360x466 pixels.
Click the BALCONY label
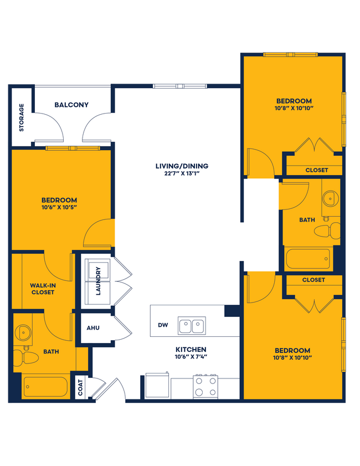71,105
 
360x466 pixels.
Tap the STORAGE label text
22,117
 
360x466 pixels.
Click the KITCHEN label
191,350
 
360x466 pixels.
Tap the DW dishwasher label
163,325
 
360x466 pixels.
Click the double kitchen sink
192,325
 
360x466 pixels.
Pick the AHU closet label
93,327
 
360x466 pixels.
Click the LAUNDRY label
98,281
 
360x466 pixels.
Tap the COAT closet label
81,387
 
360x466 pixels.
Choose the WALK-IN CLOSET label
43,289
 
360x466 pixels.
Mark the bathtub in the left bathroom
45,386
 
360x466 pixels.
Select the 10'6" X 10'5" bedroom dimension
58,207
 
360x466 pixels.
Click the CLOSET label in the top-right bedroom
316,170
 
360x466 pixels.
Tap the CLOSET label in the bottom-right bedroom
313,280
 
